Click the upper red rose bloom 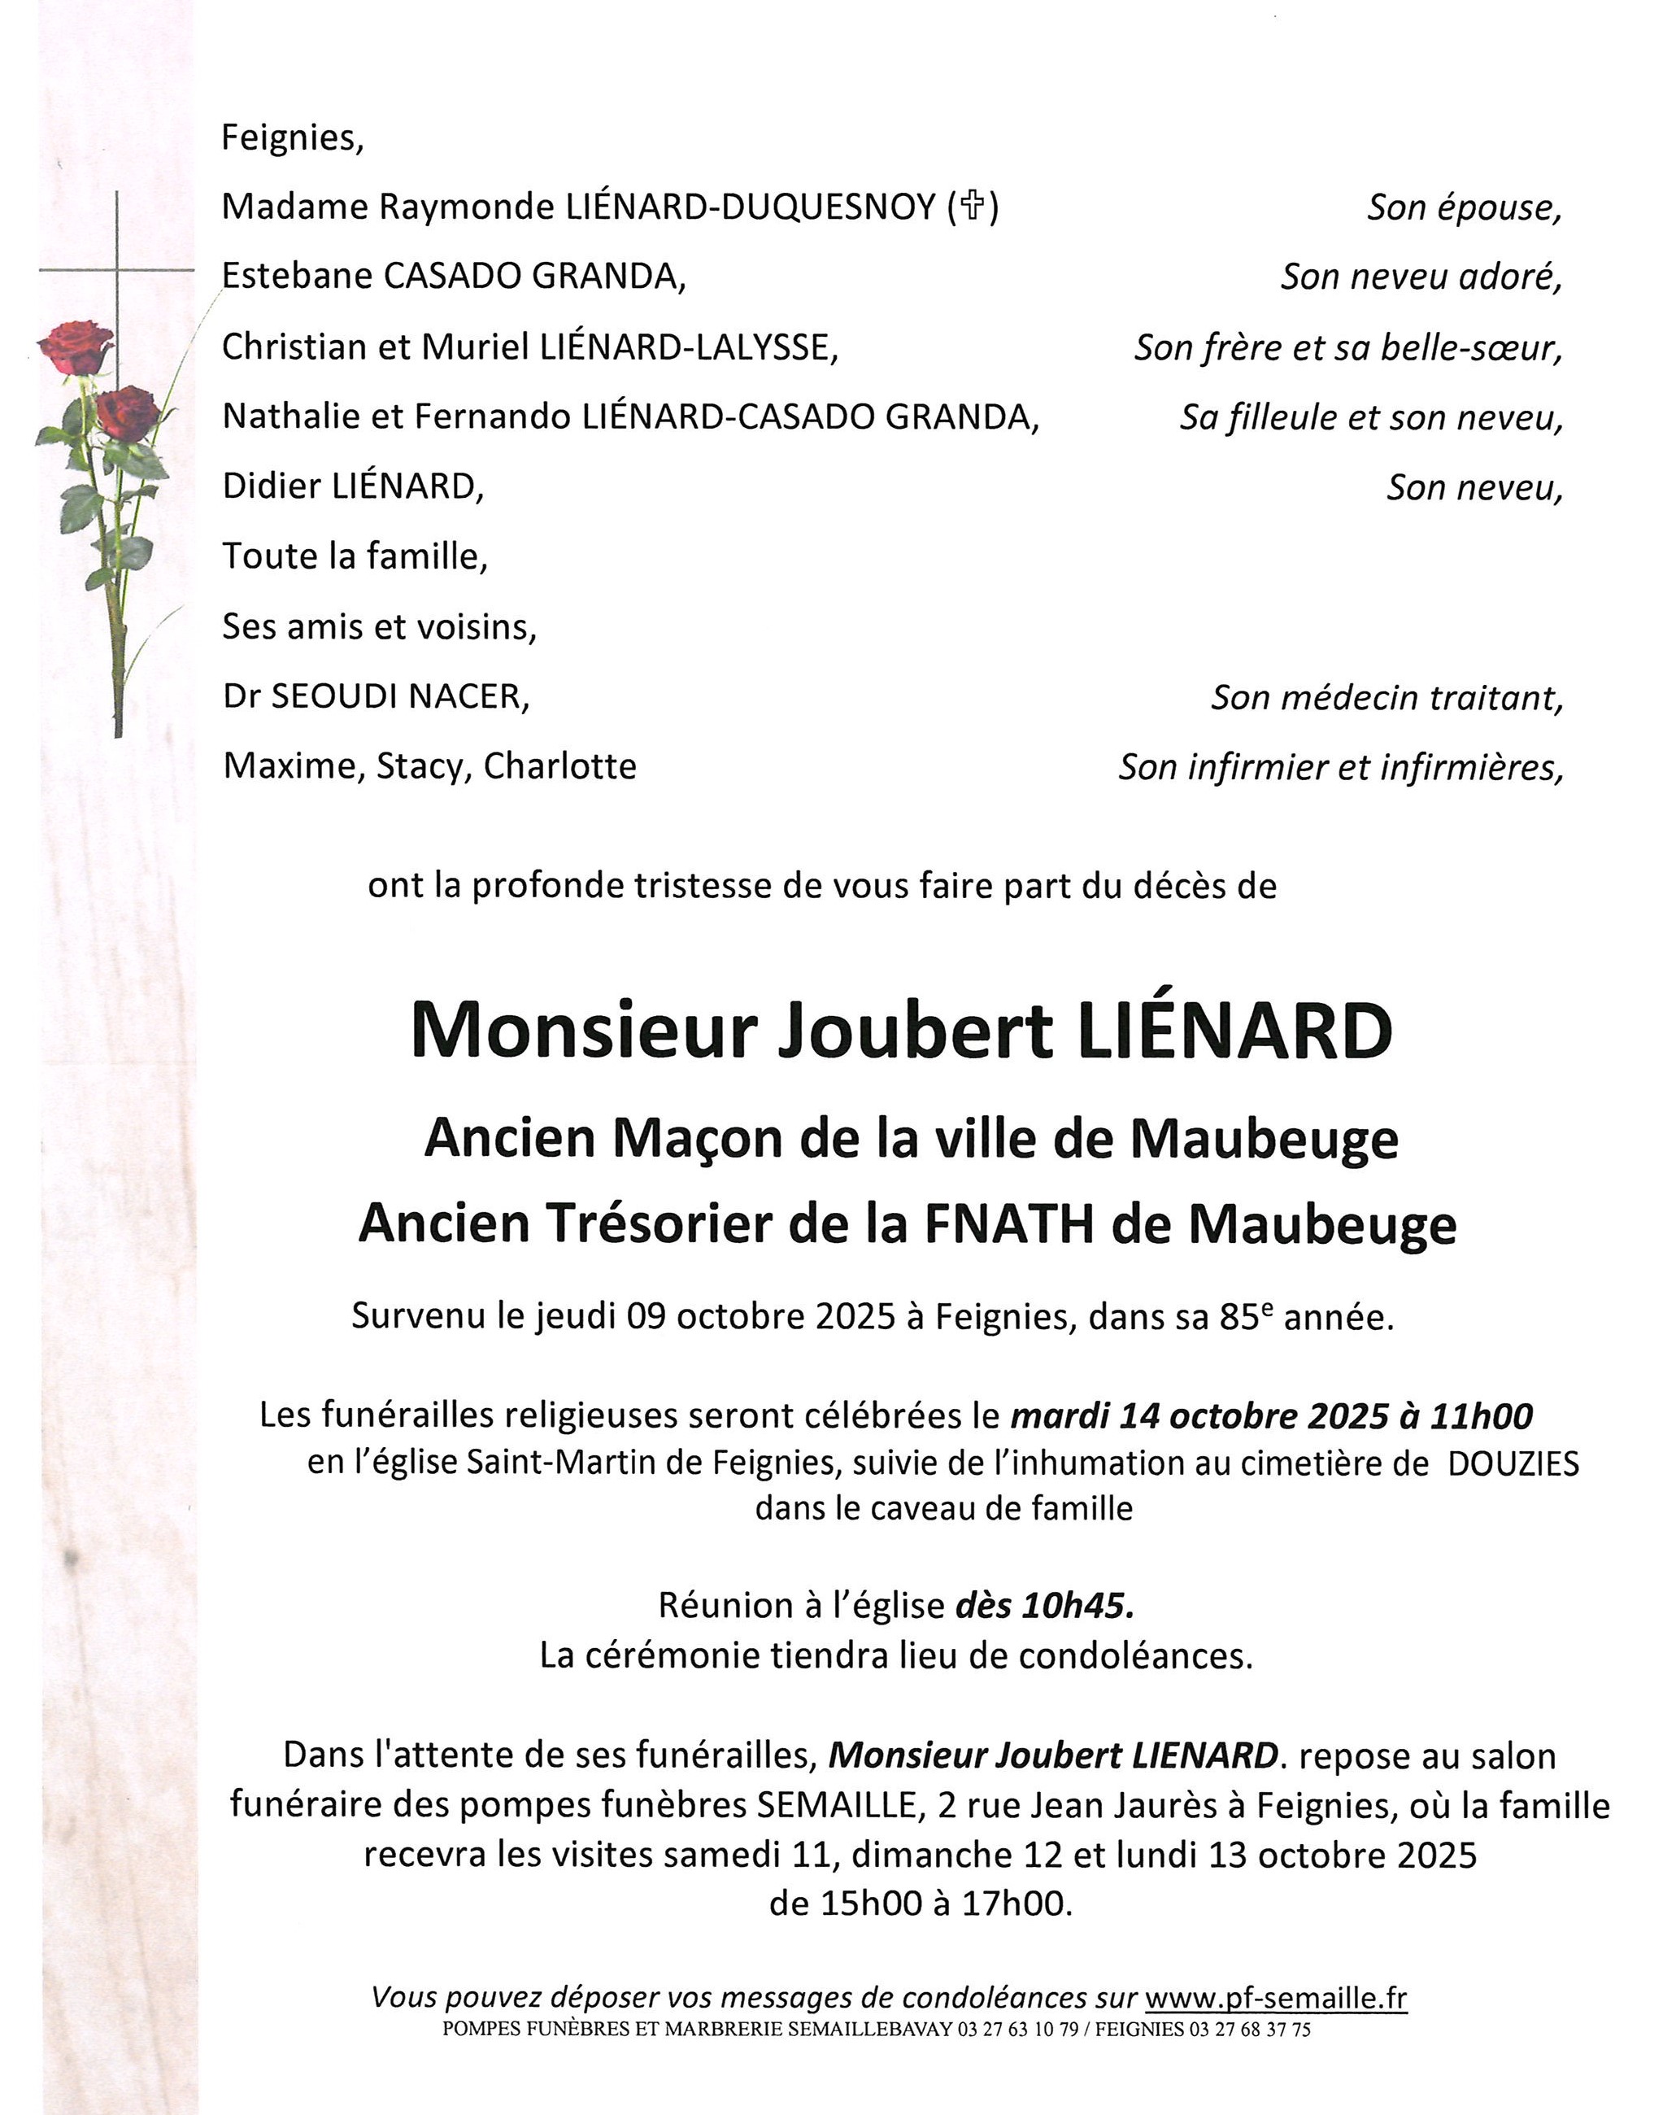(x=76, y=347)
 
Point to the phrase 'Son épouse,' (x=1463, y=208)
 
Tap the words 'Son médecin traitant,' (x=1386, y=697)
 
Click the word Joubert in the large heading (x=914, y=1030)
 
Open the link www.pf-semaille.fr (x=1275, y=1997)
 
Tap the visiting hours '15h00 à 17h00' (x=919, y=1904)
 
